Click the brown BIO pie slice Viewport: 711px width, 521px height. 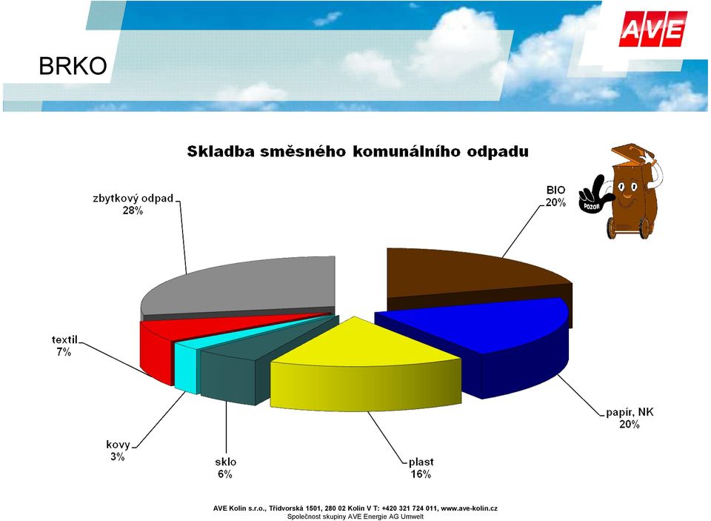tap(472, 277)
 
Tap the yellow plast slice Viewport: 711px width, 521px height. tap(363, 363)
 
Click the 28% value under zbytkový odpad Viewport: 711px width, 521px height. tap(133, 210)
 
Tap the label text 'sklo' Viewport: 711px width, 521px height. tap(225, 462)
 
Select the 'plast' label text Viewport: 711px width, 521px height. tap(421, 462)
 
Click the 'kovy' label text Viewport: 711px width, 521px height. tap(118, 445)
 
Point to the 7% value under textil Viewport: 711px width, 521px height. tap(64, 352)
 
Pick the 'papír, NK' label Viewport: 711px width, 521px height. tap(630, 413)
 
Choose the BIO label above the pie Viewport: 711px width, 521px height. tap(556, 190)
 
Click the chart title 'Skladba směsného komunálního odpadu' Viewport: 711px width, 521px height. tap(358, 152)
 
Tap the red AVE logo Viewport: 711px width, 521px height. tap(653, 29)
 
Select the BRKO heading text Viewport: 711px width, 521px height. tap(73, 66)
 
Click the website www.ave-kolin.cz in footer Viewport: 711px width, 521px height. tap(470, 508)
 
